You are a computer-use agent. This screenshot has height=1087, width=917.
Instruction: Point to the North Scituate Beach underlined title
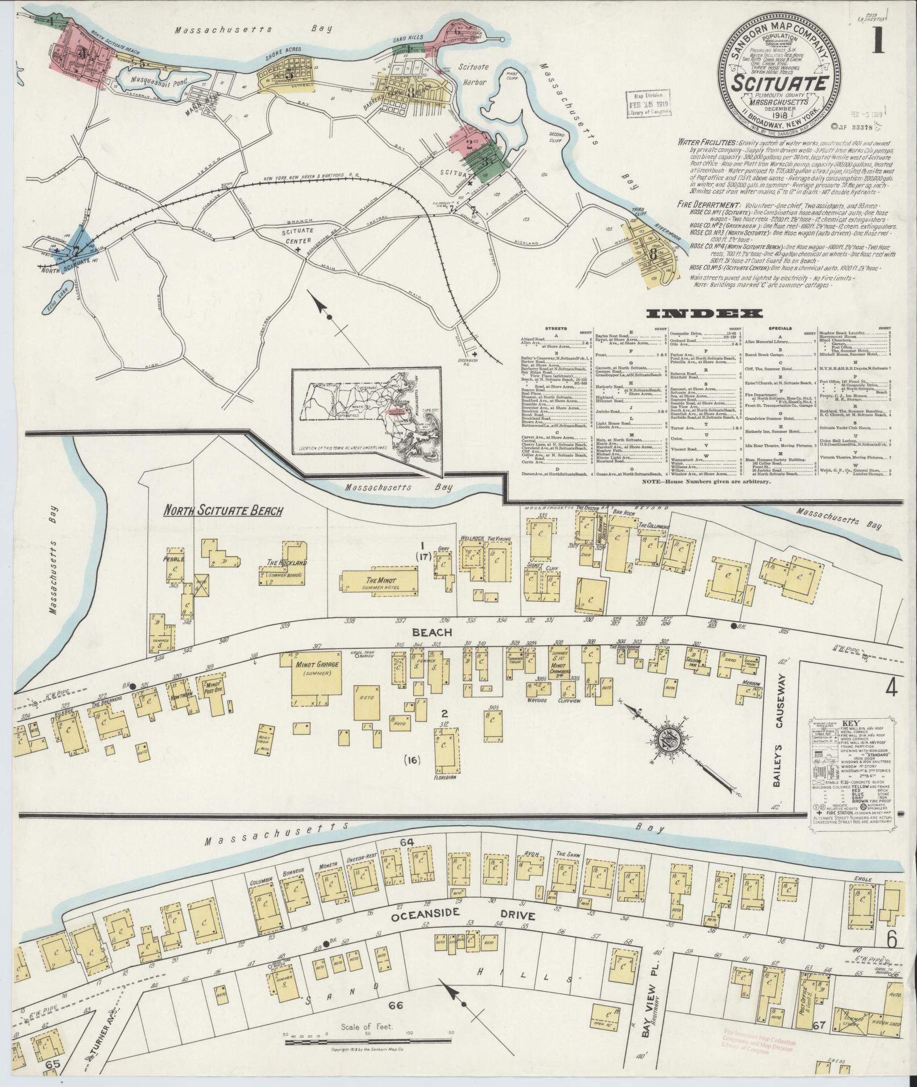(223, 511)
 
